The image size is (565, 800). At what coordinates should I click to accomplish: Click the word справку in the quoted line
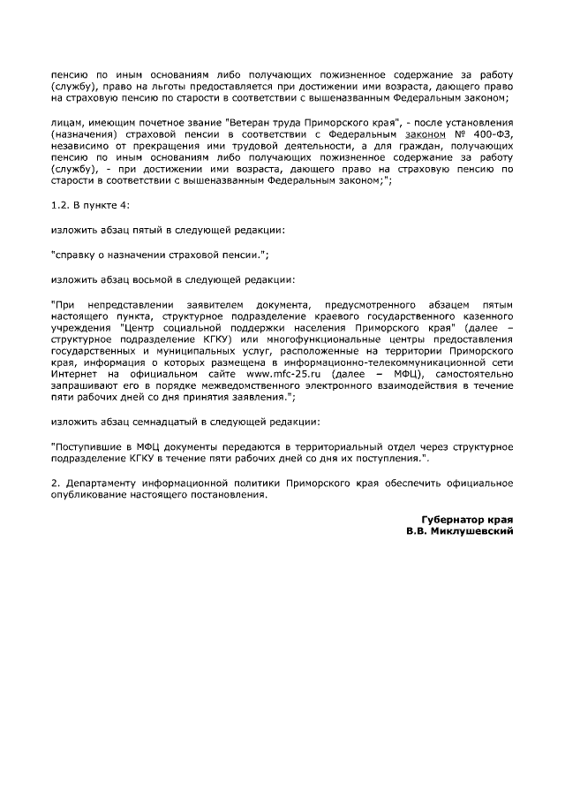pyautogui.click(x=76, y=255)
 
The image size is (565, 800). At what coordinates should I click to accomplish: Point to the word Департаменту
pyautogui.click(x=105, y=484)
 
